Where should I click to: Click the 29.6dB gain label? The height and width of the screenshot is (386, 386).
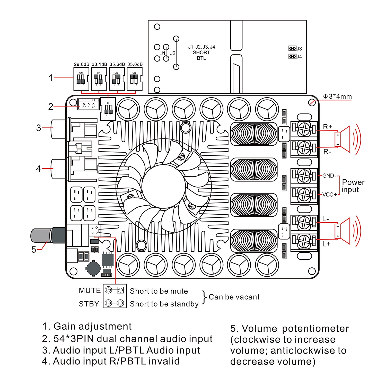click(x=82, y=64)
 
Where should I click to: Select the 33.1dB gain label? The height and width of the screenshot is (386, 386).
click(x=99, y=64)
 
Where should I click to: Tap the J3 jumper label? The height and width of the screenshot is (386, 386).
click(x=299, y=49)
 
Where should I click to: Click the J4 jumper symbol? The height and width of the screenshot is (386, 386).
click(x=292, y=56)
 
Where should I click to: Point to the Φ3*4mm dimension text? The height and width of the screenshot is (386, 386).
click(x=337, y=97)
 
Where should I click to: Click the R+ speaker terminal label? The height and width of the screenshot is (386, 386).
click(x=328, y=127)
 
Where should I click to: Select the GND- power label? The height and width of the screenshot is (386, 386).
click(x=329, y=176)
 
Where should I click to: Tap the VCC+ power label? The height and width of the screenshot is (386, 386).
click(x=329, y=195)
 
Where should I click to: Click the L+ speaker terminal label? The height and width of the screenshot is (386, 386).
click(x=326, y=244)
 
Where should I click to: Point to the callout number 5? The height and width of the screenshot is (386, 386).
click(x=34, y=250)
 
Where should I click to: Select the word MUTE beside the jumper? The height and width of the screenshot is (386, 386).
click(x=90, y=291)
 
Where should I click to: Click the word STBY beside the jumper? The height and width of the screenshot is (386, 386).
click(x=89, y=304)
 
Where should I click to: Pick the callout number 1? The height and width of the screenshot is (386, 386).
click(x=51, y=78)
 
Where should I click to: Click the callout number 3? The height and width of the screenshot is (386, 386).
click(x=39, y=128)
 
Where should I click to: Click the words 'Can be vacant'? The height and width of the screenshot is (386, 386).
click(x=234, y=297)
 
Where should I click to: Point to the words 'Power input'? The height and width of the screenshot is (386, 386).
click(x=353, y=186)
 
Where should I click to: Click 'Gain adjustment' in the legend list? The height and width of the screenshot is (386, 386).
click(x=92, y=326)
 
